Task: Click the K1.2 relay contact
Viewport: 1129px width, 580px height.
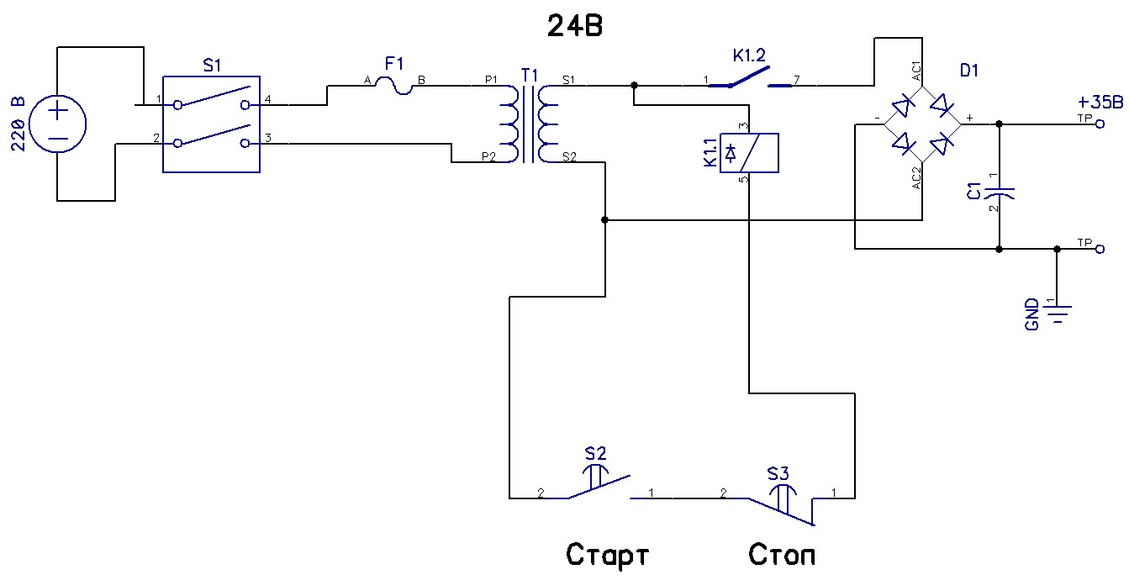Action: pyautogui.click(x=750, y=82)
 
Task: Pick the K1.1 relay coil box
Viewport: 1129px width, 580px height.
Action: pyautogui.click(x=754, y=153)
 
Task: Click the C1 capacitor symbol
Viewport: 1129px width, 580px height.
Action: pyautogui.click(x=999, y=192)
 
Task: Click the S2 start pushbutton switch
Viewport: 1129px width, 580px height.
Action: pyautogui.click(x=599, y=486)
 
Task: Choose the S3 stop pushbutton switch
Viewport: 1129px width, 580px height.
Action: pyautogui.click(x=783, y=503)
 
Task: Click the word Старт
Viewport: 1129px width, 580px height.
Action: pyautogui.click(x=608, y=556)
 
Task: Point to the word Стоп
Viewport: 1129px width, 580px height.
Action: pyautogui.click(x=782, y=556)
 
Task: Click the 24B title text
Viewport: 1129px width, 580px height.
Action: pyautogui.click(x=575, y=28)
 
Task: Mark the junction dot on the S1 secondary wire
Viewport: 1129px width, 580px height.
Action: pyautogui.click(x=633, y=85)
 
